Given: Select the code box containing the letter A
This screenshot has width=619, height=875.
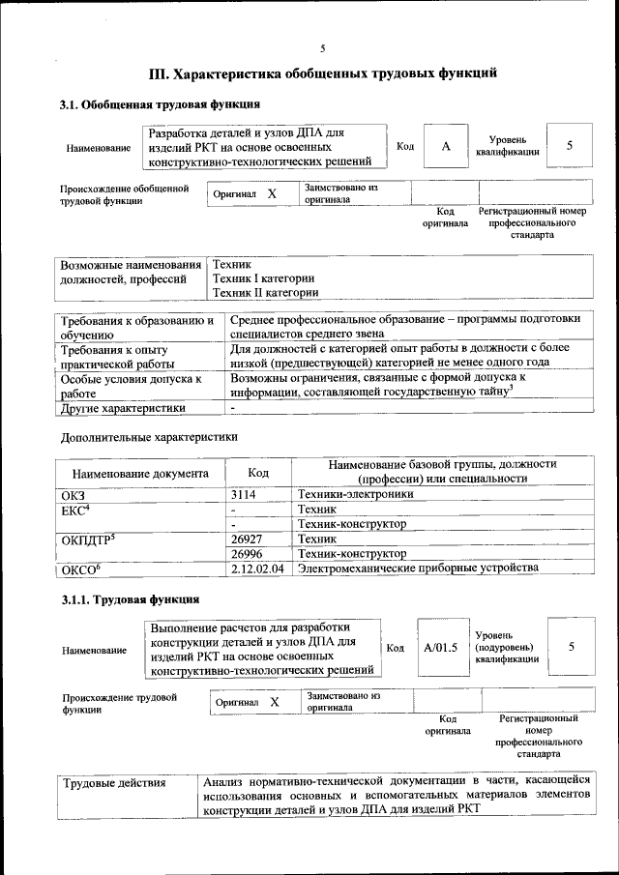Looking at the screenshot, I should coord(445,146).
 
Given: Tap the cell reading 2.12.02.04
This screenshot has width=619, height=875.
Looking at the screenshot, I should coord(258,569).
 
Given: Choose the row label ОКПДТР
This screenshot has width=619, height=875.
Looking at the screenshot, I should coord(88,539).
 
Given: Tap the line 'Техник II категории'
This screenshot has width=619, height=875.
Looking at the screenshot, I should coord(265,292).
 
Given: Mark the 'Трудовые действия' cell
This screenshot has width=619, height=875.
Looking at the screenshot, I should coord(114,782).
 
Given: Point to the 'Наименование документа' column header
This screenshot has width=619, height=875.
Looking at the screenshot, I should coord(140,474).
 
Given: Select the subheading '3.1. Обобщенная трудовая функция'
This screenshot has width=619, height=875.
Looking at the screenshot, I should coord(159,104).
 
